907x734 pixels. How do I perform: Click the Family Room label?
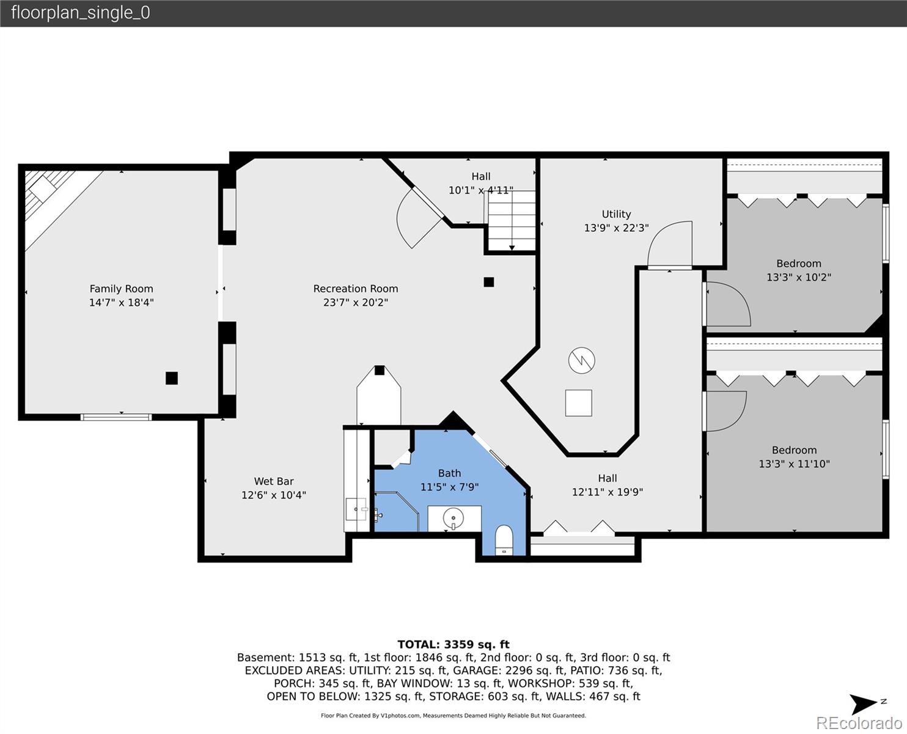pyautogui.click(x=122, y=289)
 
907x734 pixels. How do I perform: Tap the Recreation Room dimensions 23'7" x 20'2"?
pyautogui.click(x=356, y=302)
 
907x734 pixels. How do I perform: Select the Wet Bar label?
pyautogui.click(x=274, y=481)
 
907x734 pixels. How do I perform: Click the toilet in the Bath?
pyautogui.click(x=504, y=540)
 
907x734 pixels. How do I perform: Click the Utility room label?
pyautogui.click(x=616, y=214)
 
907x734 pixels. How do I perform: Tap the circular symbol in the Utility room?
pyautogui.click(x=582, y=360)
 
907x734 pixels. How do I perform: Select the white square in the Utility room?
pyautogui.click(x=579, y=402)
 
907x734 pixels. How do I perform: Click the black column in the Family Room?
pyautogui.click(x=172, y=378)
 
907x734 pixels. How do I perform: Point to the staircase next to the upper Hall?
pyautogui.click(x=512, y=221)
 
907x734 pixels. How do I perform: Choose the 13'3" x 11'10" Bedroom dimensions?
pyautogui.click(x=795, y=464)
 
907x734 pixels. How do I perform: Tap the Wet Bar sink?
pyautogui.click(x=356, y=509)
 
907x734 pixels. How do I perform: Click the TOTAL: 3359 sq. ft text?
pyautogui.click(x=453, y=645)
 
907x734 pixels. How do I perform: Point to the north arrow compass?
pyautogui.click(x=864, y=704)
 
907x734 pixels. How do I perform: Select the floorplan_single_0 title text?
pyautogui.click(x=81, y=13)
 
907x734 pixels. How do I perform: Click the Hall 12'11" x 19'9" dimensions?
pyautogui.click(x=608, y=492)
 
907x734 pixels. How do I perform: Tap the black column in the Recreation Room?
pyautogui.click(x=489, y=282)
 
